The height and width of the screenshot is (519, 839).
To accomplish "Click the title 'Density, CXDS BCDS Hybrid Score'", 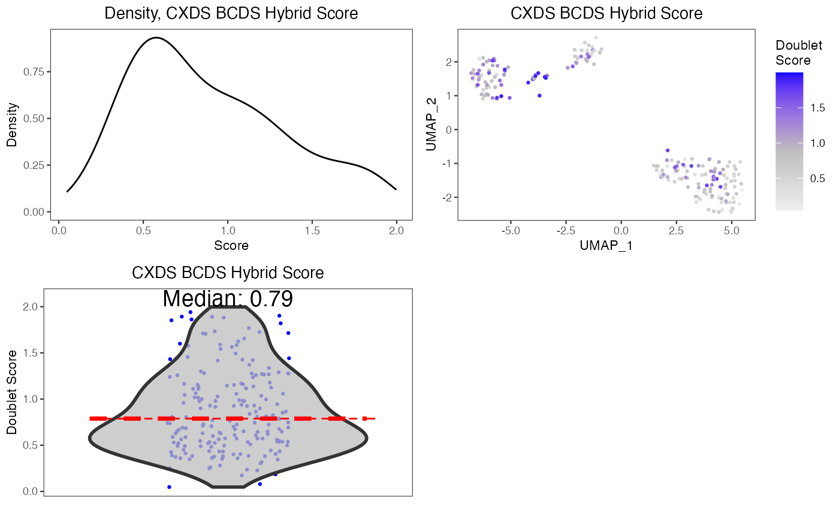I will coord(231,14).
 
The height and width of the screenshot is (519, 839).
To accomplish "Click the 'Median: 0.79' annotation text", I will coord(228,298).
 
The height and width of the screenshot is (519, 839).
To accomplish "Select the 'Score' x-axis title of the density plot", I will coord(231,245).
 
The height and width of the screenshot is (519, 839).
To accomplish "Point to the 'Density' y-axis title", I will coord(12,125).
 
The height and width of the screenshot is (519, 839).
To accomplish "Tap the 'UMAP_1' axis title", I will coord(606,245).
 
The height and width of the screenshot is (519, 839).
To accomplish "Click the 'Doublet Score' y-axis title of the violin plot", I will coord(12,392).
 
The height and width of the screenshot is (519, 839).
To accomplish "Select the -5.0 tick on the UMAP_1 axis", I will coord(510,230).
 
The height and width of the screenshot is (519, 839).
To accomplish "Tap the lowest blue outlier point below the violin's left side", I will coord(170,487).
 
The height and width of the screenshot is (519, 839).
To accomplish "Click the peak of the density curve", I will coord(156,38).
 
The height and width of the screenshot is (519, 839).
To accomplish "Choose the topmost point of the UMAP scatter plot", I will coord(596,38).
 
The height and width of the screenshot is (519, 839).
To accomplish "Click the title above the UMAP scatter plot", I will coord(606,14).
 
